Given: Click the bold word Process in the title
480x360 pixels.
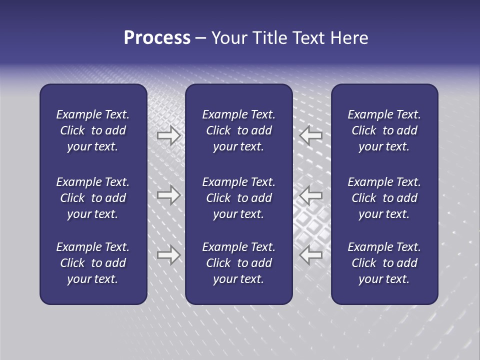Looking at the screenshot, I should tap(157, 38).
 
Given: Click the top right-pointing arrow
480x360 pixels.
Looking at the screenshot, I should tap(168, 135).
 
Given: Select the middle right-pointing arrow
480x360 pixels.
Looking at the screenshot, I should tap(168, 195).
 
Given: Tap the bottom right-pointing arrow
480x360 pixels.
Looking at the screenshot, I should tap(168, 255).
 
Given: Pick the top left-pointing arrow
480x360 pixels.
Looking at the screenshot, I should tap(311, 135).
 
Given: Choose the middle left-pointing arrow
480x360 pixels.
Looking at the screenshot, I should tap(311, 195).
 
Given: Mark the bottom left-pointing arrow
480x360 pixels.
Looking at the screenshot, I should tap(311, 255).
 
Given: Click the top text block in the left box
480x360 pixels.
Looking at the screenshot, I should tap(93, 130).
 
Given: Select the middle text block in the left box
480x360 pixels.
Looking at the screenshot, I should tap(93, 198).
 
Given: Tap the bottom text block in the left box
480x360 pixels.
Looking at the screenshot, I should tap(93, 263).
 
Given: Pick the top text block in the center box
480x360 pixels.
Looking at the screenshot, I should tap(238, 130).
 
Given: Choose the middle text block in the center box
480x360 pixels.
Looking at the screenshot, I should tap(238, 198).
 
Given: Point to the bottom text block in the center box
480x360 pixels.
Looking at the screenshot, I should tap(238, 263).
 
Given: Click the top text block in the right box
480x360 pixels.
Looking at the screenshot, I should tap(384, 130).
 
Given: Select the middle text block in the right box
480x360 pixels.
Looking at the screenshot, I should tap(384, 198).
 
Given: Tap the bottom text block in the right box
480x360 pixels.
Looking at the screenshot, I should tap(384, 263).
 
